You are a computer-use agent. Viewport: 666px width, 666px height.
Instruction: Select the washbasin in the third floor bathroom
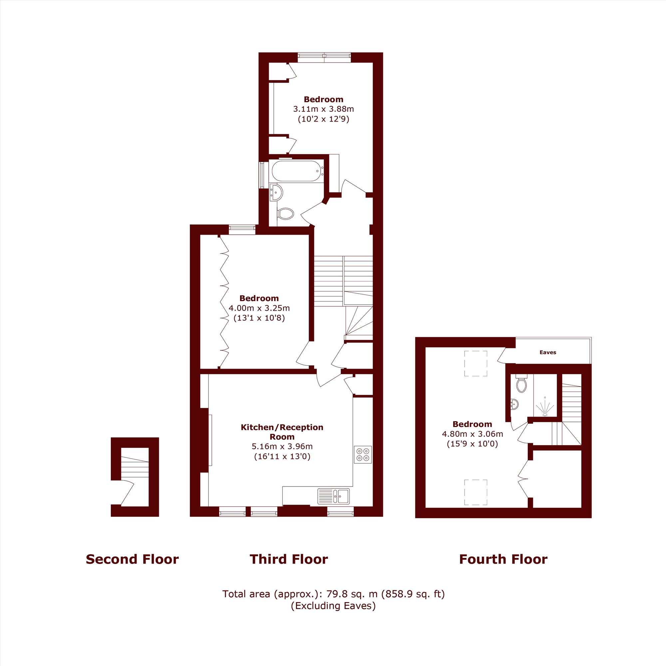click(x=276, y=192)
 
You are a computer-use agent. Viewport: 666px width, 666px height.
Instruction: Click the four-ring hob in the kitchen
click(x=363, y=454)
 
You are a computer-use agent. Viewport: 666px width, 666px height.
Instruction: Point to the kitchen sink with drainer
click(x=333, y=496)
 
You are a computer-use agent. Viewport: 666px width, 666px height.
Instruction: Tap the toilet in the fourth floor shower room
click(x=521, y=384)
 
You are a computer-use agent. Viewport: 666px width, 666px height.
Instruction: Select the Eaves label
click(x=548, y=352)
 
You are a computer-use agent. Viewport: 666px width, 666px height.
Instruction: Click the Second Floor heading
click(x=133, y=559)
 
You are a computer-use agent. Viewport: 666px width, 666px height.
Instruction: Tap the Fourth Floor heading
click(x=503, y=559)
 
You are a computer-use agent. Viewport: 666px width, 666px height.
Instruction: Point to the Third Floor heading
click(x=289, y=559)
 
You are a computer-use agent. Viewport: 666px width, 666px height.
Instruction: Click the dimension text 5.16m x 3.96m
click(x=282, y=447)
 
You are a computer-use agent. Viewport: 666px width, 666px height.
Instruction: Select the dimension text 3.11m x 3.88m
click(x=323, y=109)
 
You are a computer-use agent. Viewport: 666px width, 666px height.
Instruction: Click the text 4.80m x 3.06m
click(x=472, y=434)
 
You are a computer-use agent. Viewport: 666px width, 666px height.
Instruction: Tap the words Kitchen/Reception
click(x=282, y=428)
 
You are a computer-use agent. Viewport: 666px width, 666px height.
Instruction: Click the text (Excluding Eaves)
click(x=333, y=606)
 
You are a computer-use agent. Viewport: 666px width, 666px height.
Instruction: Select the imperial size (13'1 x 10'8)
click(x=259, y=317)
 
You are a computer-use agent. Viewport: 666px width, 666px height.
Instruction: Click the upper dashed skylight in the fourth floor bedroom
click(x=476, y=363)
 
